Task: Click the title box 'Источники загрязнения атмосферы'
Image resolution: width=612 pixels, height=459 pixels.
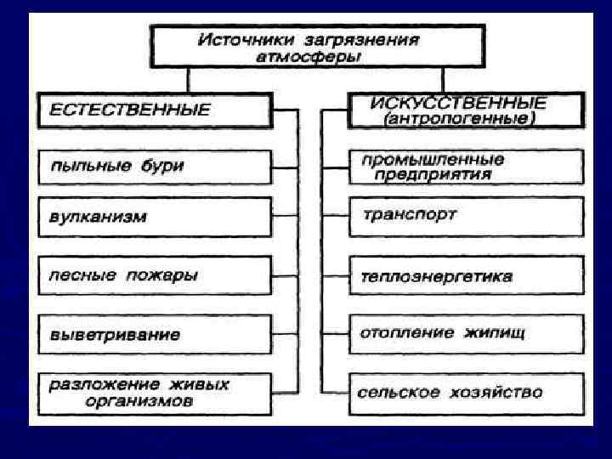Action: click(x=318, y=47)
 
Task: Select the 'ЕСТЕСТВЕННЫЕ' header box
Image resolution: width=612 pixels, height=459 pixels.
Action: click(x=154, y=110)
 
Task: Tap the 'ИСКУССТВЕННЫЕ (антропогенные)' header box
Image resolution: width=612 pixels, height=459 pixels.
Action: click(x=466, y=111)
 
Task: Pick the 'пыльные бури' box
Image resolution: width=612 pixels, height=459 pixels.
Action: click(x=154, y=166)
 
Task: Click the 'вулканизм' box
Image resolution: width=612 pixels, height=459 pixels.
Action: click(x=154, y=217)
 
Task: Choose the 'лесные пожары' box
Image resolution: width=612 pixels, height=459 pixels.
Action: click(x=154, y=275)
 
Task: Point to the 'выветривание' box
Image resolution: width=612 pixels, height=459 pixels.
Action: click(x=154, y=334)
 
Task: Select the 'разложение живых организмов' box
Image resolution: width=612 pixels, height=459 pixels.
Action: click(x=154, y=394)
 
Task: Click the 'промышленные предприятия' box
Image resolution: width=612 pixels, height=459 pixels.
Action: click(x=466, y=167)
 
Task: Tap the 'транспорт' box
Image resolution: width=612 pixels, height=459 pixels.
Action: click(x=466, y=216)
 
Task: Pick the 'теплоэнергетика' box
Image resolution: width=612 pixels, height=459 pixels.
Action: click(x=466, y=276)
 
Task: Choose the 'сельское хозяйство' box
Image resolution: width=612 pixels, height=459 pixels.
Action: click(x=466, y=393)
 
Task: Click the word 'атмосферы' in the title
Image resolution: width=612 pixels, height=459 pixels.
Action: click(x=309, y=57)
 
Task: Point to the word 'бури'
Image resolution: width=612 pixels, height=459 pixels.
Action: click(x=161, y=166)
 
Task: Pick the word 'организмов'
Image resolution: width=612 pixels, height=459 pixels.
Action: click(x=139, y=402)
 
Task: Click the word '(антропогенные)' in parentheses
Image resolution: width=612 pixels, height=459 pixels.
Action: click(x=459, y=120)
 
